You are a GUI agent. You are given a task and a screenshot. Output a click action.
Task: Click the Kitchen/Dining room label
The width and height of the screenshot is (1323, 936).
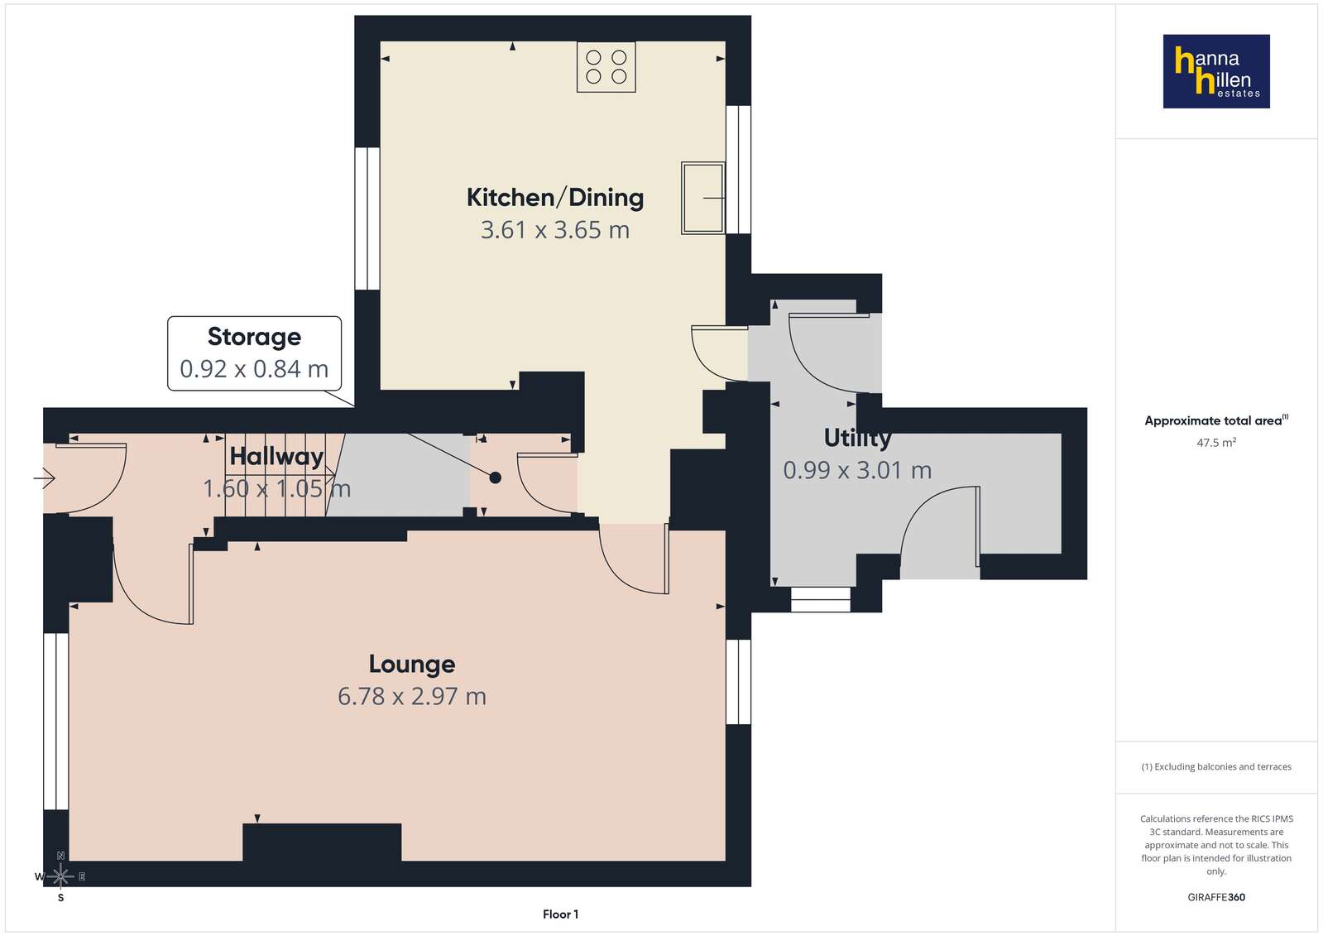click(x=554, y=197)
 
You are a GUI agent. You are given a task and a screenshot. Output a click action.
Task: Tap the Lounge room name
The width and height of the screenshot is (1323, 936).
click(x=412, y=665)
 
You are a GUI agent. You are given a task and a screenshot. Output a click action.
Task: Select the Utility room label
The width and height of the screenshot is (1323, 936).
click(x=857, y=438)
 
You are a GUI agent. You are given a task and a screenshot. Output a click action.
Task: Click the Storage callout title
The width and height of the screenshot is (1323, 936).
click(x=255, y=337)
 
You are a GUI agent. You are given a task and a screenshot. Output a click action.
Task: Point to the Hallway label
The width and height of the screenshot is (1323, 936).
click(x=276, y=457)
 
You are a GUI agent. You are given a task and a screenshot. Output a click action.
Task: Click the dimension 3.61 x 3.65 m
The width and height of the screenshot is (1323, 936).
click(x=554, y=230)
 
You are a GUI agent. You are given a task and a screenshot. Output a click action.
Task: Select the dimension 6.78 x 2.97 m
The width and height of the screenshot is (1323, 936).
click(x=412, y=696)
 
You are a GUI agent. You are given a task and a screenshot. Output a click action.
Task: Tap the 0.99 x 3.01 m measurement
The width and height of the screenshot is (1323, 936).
click(x=857, y=470)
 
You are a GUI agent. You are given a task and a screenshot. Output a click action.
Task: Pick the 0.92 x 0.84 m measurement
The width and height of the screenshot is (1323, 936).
click(x=254, y=369)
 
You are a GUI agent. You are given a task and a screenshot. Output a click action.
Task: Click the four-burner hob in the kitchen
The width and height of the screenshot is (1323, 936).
click(x=606, y=67)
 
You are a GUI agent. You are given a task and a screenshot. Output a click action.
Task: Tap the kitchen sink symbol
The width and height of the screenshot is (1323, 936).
click(x=702, y=198)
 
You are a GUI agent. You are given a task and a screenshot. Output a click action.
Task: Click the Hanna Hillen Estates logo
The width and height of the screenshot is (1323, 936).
click(x=1216, y=71)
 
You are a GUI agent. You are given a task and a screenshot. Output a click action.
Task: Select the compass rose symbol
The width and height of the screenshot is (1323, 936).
click(x=60, y=876)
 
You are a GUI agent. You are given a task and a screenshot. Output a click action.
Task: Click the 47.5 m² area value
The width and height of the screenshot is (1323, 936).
click(x=1216, y=442)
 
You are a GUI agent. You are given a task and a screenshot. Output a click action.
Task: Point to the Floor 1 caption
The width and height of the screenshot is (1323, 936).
click(x=560, y=914)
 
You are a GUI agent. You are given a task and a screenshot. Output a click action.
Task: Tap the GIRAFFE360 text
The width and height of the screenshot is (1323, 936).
click(x=1216, y=897)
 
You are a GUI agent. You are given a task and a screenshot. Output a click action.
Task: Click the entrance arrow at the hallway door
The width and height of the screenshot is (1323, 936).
click(x=45, y=478)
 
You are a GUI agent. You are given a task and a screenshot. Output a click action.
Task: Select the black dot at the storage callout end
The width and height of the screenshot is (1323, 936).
click(x=496, y=478)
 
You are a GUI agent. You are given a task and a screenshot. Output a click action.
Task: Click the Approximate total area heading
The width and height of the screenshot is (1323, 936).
click(x=1216, y=420)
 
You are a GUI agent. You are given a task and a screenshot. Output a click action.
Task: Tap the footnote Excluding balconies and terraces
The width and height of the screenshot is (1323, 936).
click(x=1216, y=766)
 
